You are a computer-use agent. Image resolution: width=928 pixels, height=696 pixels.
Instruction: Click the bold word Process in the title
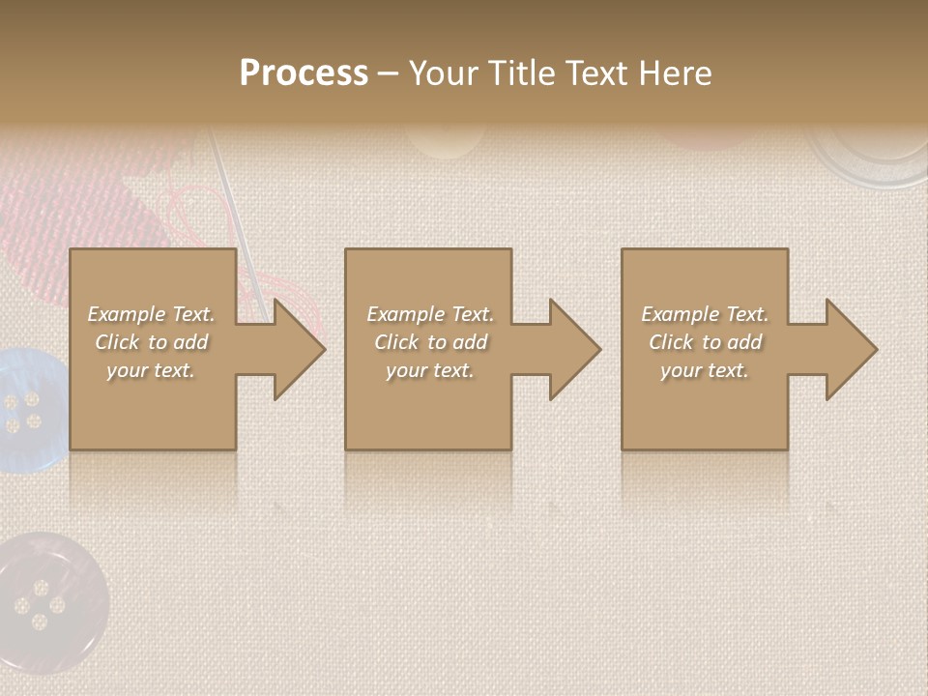(304, 73)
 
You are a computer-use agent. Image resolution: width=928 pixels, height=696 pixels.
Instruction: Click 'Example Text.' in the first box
(152, 314)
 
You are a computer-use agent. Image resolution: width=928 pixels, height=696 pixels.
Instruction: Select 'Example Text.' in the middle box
(430, 314)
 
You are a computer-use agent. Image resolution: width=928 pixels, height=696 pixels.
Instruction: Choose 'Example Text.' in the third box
(705, 314)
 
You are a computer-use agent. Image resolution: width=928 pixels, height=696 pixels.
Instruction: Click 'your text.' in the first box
(151, 370)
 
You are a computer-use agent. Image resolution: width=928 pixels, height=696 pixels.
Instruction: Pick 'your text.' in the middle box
(430, 370)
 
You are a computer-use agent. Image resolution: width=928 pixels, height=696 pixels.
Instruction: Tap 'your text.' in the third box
(705, 370)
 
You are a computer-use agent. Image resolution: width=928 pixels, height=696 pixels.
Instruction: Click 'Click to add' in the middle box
(430, 342)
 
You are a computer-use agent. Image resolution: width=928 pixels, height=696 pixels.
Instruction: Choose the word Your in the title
(445, 73)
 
